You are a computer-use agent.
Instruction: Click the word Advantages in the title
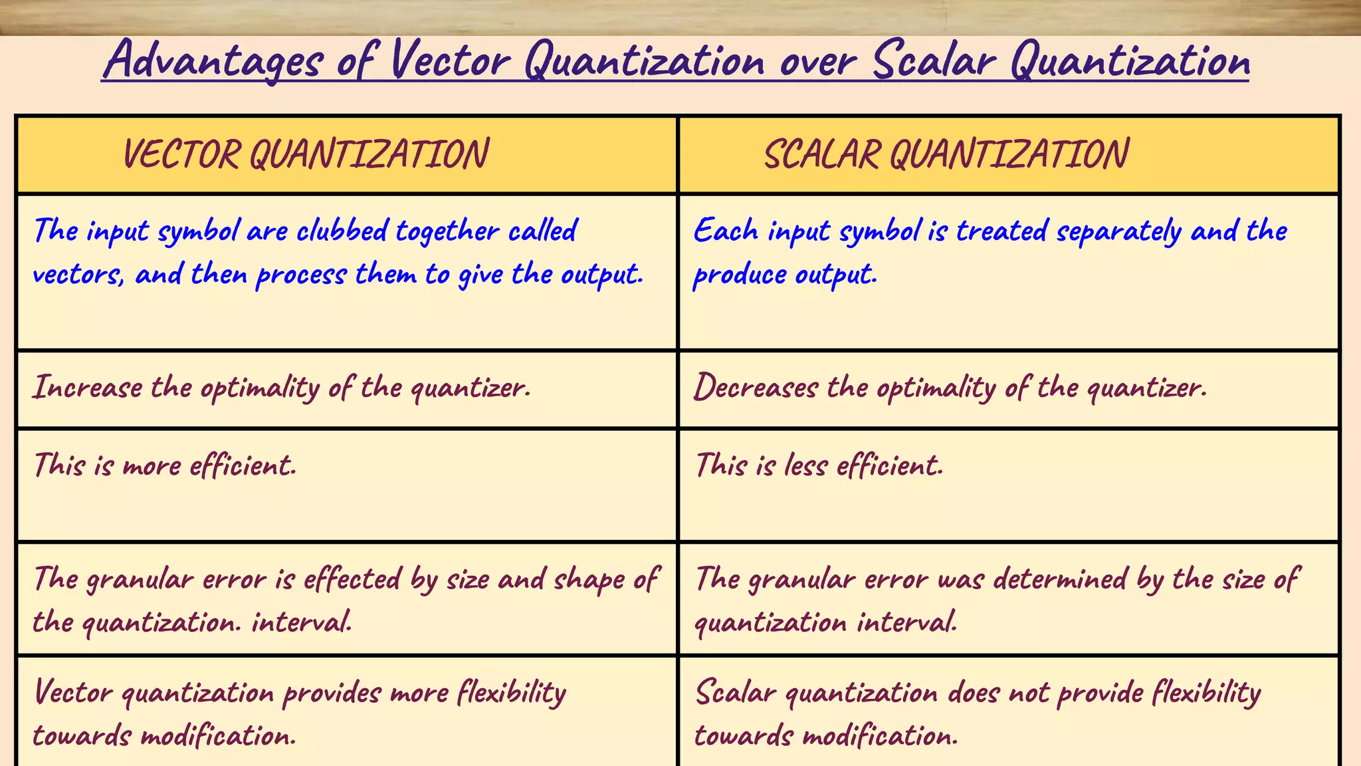tap(214, 61)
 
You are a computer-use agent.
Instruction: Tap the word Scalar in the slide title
tap(933, 61)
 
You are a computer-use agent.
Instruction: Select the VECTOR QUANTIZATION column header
tap(306, 154)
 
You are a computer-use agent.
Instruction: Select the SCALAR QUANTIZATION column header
tap(946, 154)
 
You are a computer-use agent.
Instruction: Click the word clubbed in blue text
tap(342, 231)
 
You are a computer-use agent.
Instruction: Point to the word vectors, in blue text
tap(78, 274)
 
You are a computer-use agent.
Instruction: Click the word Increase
tap(88, 387)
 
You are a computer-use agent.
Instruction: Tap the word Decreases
tap(756, 387)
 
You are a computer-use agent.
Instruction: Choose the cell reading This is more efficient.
tap(165, 465)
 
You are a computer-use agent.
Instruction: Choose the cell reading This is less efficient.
tap(819, 465)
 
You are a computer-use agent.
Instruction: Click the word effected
tap(352, 578)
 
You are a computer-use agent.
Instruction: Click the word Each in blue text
tap(726, 231)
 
